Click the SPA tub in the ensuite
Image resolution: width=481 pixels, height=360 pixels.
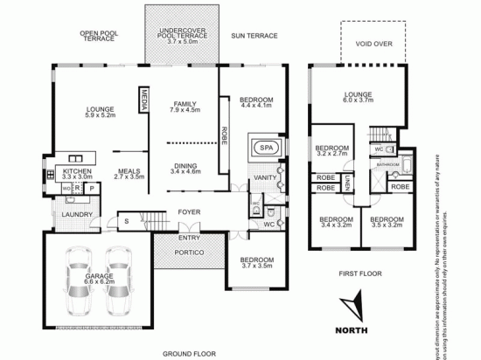(264, 149)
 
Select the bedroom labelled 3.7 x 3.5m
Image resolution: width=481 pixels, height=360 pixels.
(256, 263)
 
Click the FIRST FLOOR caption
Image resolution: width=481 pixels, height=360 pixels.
(359, 273)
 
